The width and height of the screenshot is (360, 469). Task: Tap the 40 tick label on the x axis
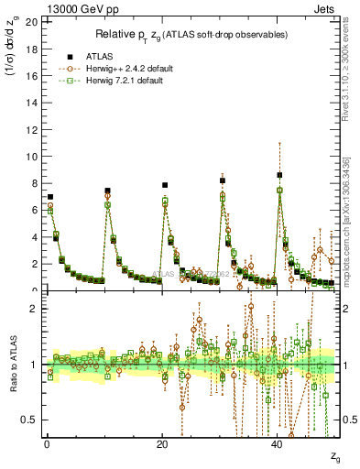278,444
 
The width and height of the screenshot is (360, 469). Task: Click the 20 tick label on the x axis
162,444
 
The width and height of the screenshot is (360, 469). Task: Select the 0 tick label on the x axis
47,444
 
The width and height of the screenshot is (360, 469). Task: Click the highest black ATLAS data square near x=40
280,175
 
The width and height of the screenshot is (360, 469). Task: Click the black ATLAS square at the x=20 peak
165,185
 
